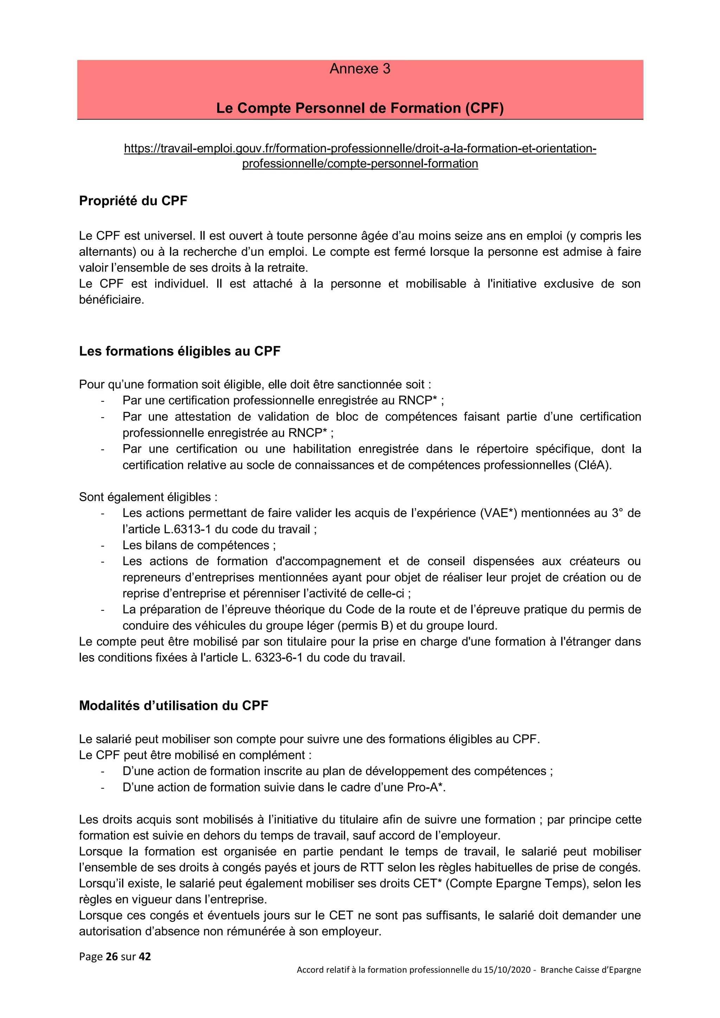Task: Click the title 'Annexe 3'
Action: tap(360, 69)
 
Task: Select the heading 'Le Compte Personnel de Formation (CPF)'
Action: tap(360, 108)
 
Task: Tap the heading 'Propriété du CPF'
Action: tap(133, 201)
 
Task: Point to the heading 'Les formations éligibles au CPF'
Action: tap(180, 351)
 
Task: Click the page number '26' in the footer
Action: tap(112, 957)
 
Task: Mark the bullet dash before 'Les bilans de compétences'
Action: tap(102, 546)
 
